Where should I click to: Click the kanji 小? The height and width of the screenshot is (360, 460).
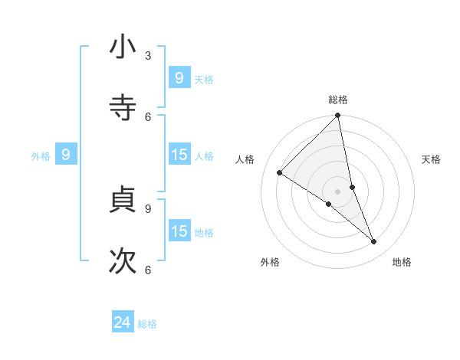pos(123,47)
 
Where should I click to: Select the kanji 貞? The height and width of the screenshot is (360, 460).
pos(123,199)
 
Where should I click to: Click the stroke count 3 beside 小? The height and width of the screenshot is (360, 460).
pos(148,56)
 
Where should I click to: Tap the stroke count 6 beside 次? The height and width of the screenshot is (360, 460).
pos(148,270)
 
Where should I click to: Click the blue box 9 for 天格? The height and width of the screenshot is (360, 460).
pos(179,77)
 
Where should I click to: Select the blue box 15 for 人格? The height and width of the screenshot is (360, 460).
pos(179,155)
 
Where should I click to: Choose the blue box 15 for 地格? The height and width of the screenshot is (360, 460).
pos(179,231)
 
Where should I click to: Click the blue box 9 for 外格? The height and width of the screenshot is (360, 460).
pos(66,155)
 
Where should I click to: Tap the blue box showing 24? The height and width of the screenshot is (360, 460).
pos(123,322)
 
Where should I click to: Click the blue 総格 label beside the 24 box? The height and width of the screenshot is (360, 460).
pos(148,324)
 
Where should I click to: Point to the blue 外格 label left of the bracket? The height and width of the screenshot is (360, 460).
pos(41,156)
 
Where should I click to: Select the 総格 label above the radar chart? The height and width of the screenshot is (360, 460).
pos(338,100)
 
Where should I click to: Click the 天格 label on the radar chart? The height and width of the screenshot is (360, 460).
pos(431,159)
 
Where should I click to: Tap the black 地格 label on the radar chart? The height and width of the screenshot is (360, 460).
pos(402,262)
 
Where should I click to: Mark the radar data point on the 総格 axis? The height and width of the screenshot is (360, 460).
pos(338,116)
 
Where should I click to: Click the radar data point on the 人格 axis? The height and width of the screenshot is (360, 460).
pos(280,172)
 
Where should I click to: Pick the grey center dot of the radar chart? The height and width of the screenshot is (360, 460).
pos(338,191)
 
